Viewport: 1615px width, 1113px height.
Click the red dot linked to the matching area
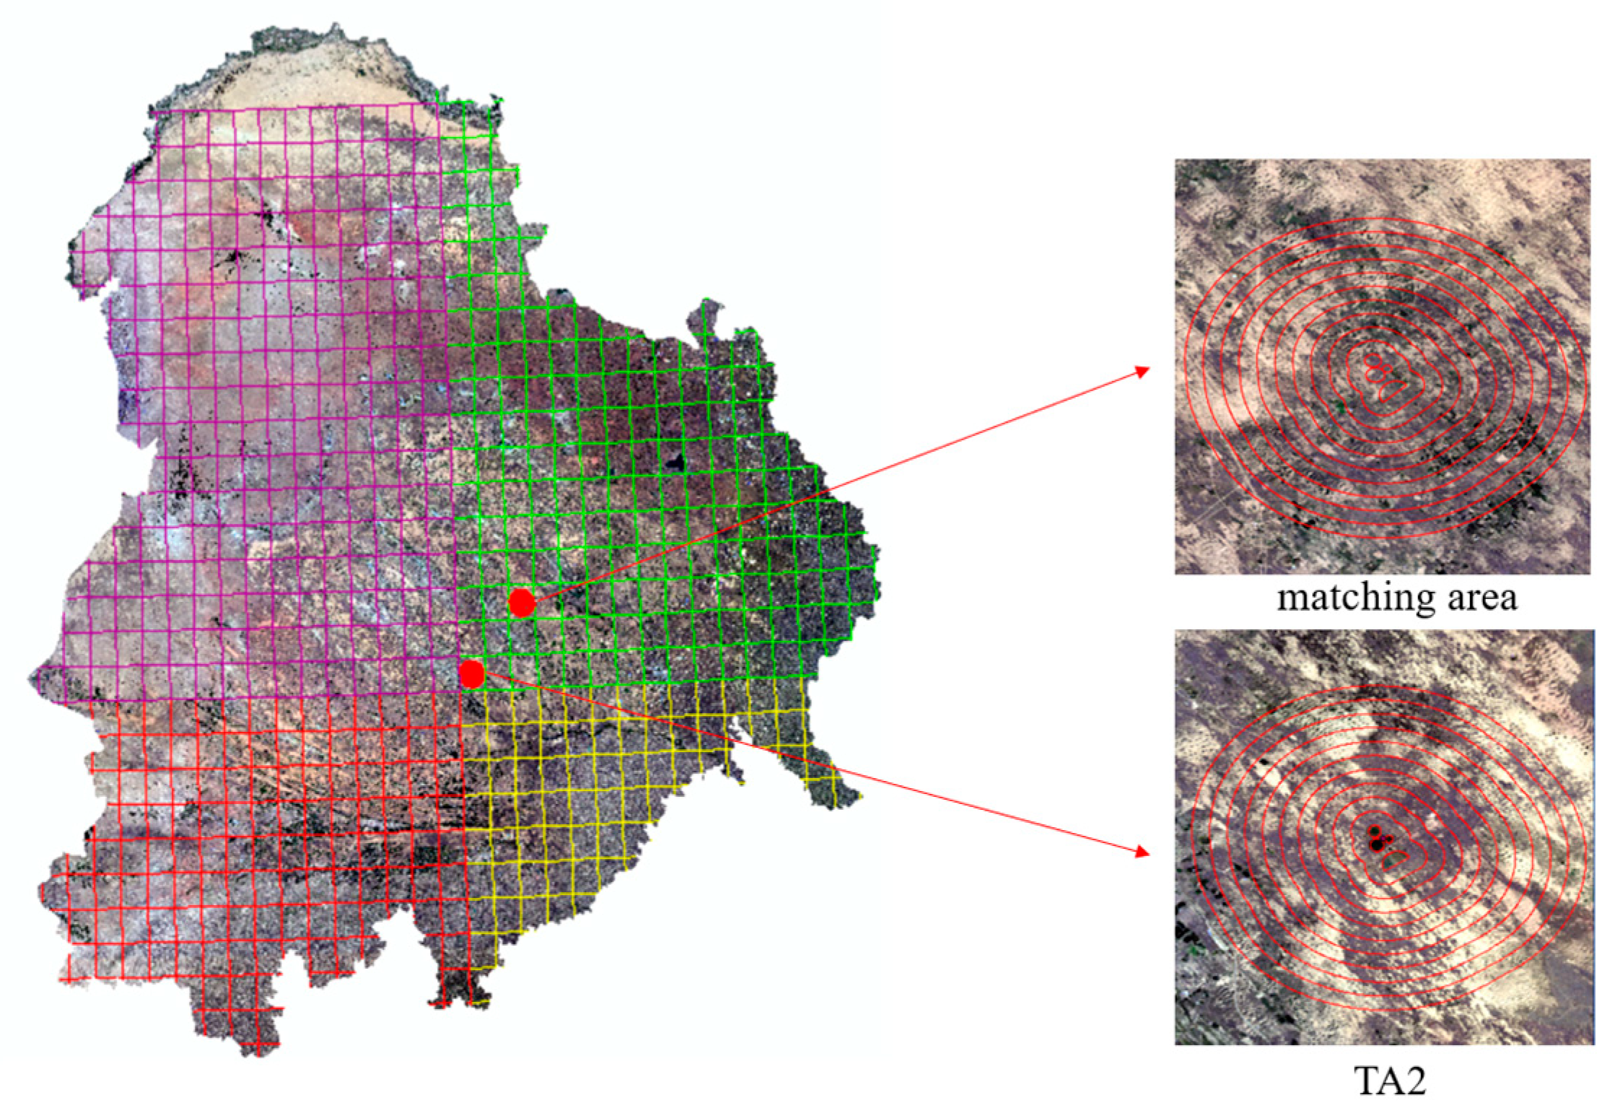pos(521,602)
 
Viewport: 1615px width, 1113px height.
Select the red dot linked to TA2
pos(472,673)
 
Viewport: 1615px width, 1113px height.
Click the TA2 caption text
pos(1389,1081)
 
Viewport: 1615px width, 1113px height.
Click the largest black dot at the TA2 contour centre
pos(1377,843)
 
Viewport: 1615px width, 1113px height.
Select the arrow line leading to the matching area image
pos(830,487)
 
